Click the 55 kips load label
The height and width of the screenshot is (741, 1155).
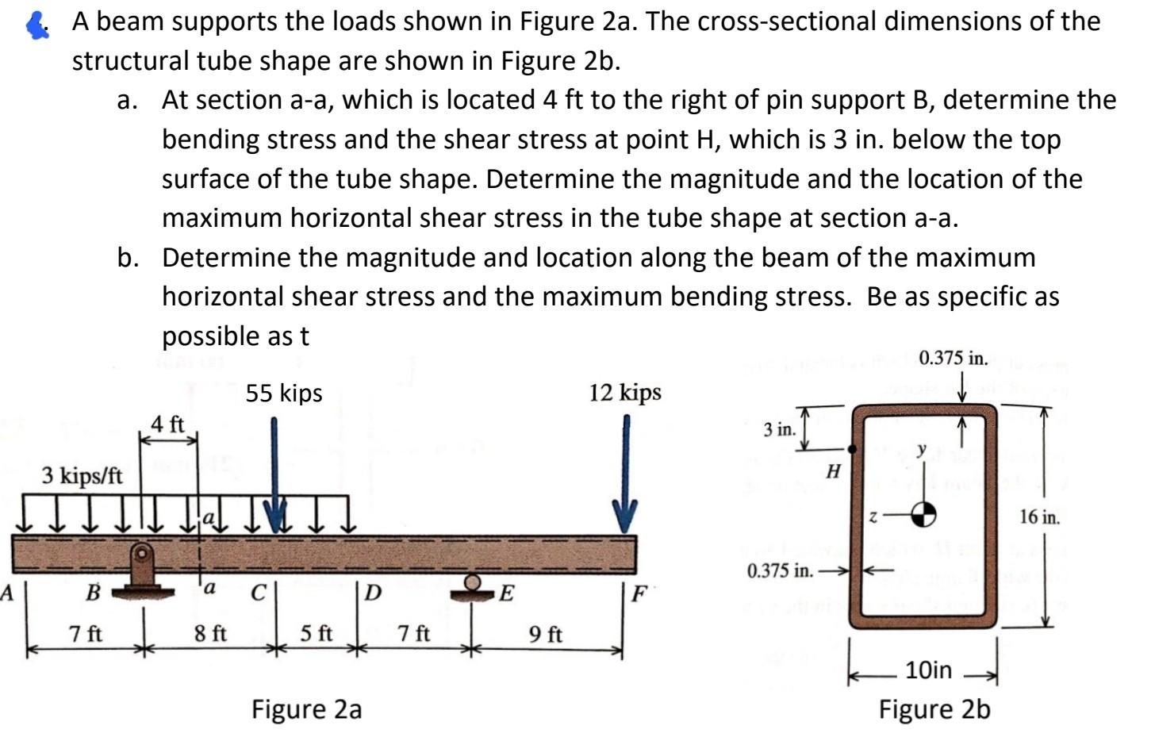pyautogui.click(x=284, y=394)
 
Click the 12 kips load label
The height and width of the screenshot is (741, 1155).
pyautogui.click(x=625, y=392)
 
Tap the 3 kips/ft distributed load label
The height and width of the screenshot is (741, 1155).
pyautogui.click(x=82, y=476)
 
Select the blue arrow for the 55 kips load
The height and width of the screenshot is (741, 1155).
pyautogui.click(x=274, y=476)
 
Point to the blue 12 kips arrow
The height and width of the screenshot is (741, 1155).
pyautogui.click(x=626, y=476)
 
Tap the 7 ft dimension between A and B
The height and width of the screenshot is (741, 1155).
pyautogui.click(x=85, y=635)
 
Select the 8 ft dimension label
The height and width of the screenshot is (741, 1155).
pyautogui.click(x=210, y=635)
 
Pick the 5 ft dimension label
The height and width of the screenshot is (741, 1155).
pyautogui.click(x=317, y=635)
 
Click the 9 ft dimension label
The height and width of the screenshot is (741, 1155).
pyautogui.click(x=545, y=635)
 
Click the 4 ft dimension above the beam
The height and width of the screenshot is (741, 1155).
pyautogui.click(x=167, y=424)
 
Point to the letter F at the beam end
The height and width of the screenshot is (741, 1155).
pyautogui.click(x=639, y=593)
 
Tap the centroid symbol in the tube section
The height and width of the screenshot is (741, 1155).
pyautogui.click(x=923, y=516)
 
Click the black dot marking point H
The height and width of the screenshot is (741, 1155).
pyautogui.click(x=853, y=449)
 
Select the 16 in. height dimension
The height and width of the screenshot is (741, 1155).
pyautogui.click(x=1039, y=517)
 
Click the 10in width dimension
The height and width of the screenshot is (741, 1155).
pyautogui.click(x=928, y=670)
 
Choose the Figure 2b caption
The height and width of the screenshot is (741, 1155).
pyautogui.click(x=934, y=708)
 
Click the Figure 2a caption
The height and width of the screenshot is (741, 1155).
pyautogui.click(x=306, y=708)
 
